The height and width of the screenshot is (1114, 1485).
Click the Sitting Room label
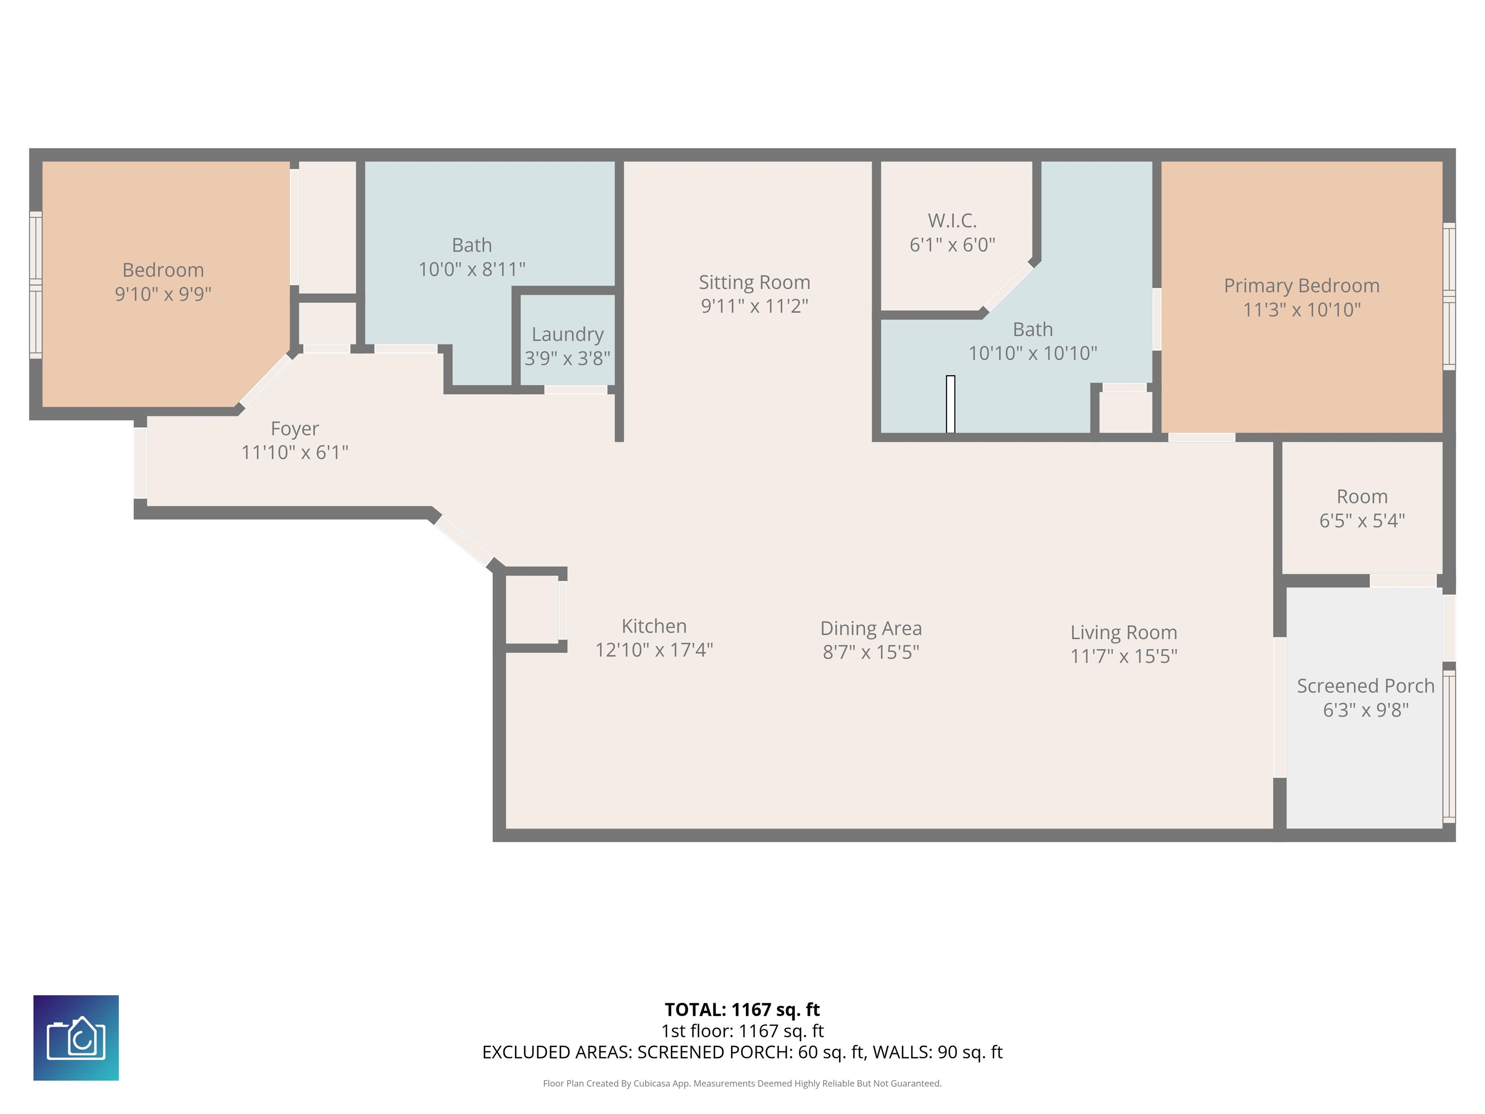coord(754,282)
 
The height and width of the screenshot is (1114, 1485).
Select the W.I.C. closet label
coord(952,220)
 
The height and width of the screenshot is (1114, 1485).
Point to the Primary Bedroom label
coord(1301,285)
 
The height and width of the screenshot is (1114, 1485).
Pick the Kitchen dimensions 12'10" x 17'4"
coord(654,650)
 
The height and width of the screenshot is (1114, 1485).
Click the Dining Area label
coord(871,629)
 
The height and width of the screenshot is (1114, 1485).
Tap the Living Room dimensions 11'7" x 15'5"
coord(1123,656)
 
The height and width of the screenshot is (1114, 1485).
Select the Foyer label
coord(295,428)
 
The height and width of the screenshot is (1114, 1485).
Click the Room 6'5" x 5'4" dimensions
coord(1361,520)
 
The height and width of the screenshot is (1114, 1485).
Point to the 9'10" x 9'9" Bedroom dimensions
coord(163,294)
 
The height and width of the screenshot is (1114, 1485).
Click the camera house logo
coord(76,1038)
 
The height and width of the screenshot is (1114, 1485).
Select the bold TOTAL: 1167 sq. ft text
coord(742,1009)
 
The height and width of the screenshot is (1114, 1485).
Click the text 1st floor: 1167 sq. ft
coord(742,1031)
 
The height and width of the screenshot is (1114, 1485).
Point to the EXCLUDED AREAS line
coord(742,1052)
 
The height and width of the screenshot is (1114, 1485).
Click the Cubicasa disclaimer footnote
coord(742,1083)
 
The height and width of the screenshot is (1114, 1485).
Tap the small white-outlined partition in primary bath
coord(950,404)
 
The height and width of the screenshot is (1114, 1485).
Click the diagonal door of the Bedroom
coord(266,380)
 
